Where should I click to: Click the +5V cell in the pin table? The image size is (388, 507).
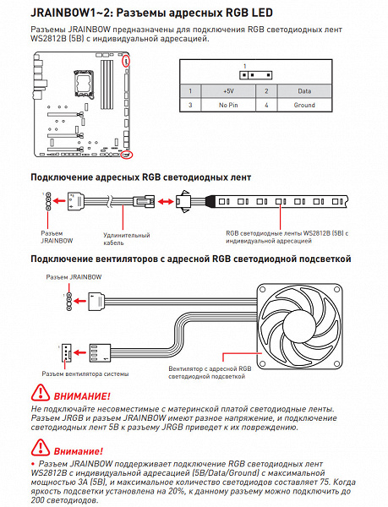pos(228,91)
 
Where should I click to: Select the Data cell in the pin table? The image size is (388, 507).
pos(304,91)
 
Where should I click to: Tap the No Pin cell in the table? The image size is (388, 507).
pos(228,105)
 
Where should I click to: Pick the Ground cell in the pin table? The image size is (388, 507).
pos(304,105)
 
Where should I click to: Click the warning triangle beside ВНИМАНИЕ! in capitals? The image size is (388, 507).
pos(41,392)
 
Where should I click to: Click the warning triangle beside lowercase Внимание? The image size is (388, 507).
pos(41,447)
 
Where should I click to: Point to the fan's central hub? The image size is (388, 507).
pos(299,326)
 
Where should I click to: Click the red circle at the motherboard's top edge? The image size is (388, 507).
pos(126,61)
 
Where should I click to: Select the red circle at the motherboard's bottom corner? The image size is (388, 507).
pos(127,155)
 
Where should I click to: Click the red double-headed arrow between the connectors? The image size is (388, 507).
pos(165,202)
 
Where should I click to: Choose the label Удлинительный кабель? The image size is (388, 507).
pos(127,239)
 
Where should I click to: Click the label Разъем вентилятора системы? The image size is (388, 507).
pos(85,373)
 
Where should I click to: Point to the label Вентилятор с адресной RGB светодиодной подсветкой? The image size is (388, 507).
pos(210,373)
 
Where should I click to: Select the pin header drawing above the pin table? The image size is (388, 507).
pos(255,75)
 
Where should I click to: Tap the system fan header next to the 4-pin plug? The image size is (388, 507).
pos(66,352)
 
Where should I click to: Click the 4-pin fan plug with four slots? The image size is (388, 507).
pos(100,352)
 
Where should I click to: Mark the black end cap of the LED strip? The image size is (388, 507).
pos(210,201)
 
